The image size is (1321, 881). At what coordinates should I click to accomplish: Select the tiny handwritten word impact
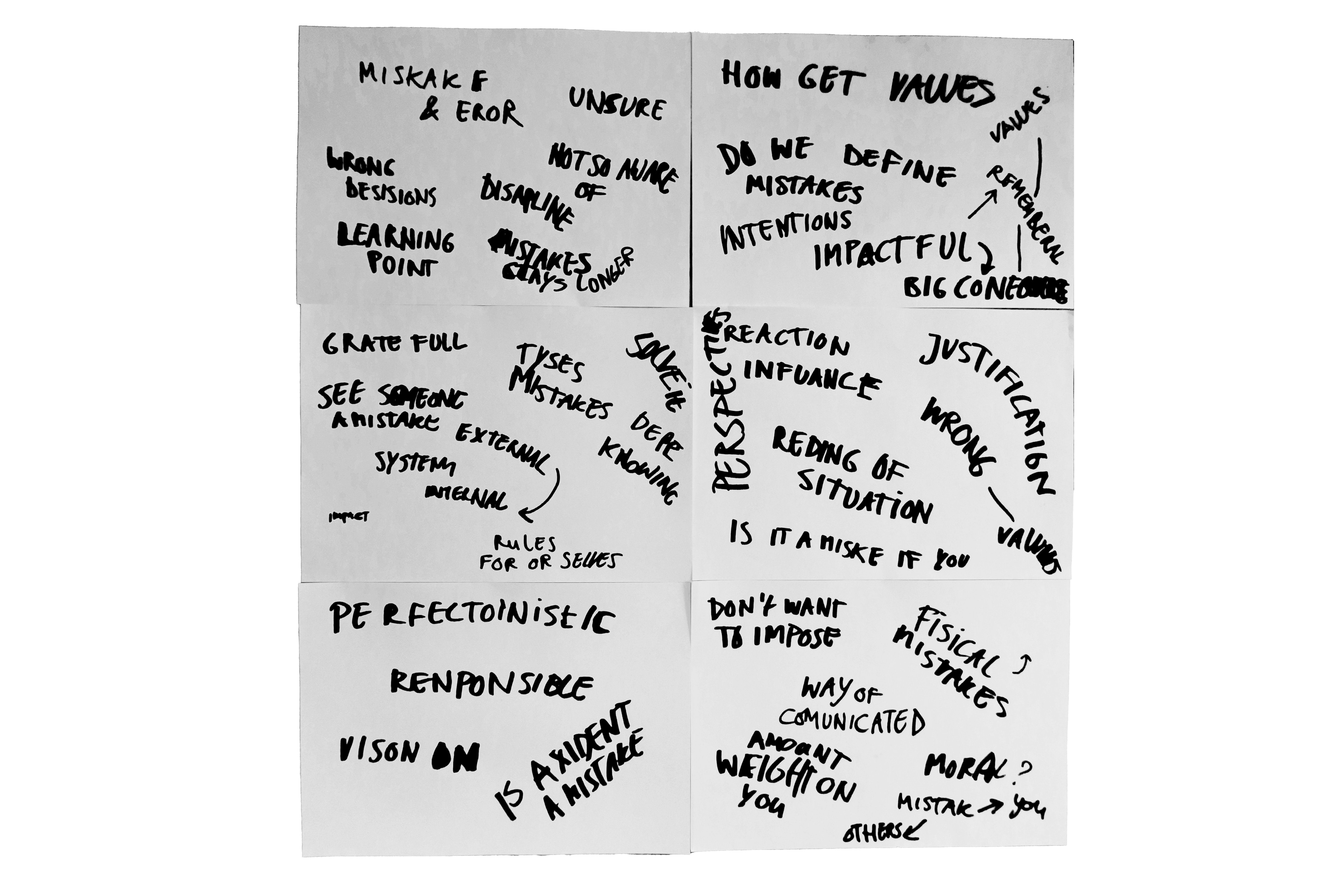pyautogui.click(x=349, y=516)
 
